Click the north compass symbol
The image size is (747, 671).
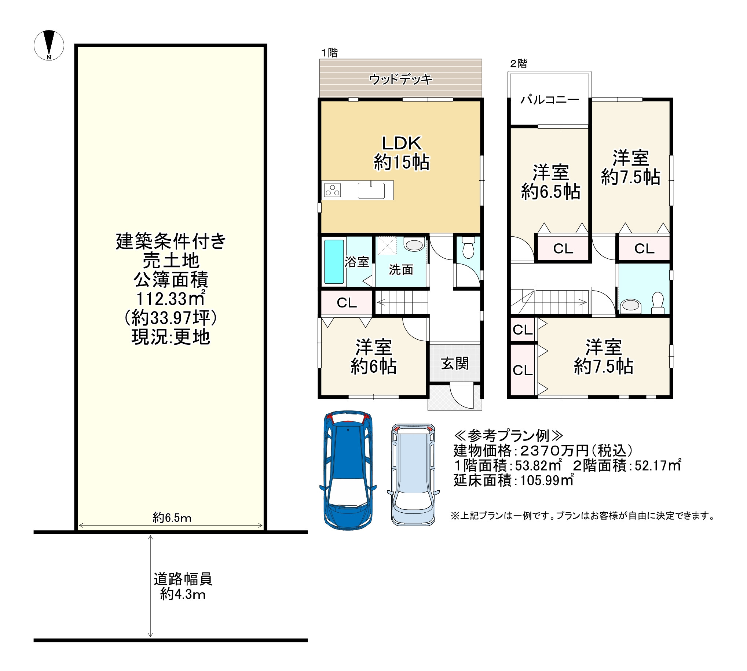tap(49, 45)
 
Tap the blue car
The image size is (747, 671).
tap(348, 471)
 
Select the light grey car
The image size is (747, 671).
tap(413, 475)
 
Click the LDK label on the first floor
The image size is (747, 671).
tap(401, 143)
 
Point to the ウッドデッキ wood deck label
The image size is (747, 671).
tap(401, 79)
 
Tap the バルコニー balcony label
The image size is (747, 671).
tap(550, 100)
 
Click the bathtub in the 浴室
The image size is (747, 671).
tap(334, 262)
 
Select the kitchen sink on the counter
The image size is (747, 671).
tap(371, 191)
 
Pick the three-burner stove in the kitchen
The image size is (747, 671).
tap(332, 191)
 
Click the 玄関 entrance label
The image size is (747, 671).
tap(455, 364)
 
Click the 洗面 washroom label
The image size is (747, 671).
tap(401, 270)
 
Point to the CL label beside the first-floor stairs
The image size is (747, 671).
tap(347, 303)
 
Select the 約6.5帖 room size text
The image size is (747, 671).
tap(550, 192)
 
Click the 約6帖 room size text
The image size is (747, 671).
tap(373, 366)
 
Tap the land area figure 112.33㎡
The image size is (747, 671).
tap(171, 298)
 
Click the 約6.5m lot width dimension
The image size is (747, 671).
tap(172, 518)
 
